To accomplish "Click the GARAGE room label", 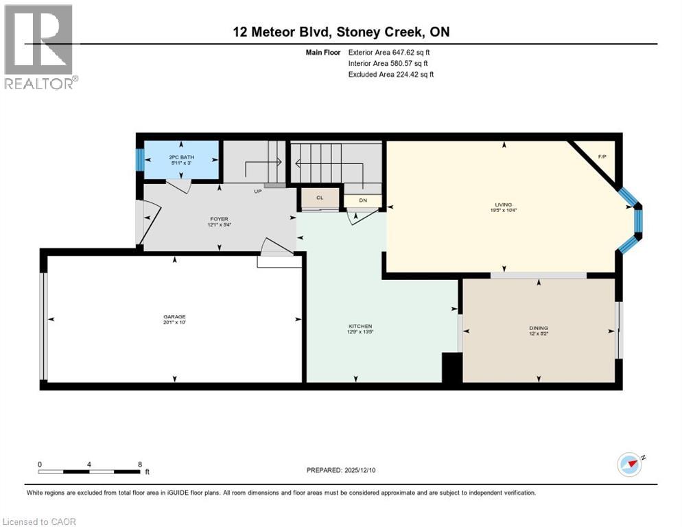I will pos(174,316).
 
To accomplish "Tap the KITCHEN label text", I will pos(355,326).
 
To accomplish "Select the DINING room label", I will pos(539,327).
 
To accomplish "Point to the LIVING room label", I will pos(504,204).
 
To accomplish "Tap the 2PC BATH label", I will pos(181,157).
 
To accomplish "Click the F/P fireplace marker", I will pos(602,157).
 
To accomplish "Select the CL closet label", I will pos(320,198).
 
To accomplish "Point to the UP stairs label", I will pos(258,191).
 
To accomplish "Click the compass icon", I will pos(630,465).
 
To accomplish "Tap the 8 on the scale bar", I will pos(140,464).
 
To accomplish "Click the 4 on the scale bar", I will pos(89,464).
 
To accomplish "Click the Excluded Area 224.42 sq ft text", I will pos(391,74).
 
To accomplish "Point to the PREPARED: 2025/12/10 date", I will pos(342,470).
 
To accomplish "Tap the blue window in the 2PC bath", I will pos(140,161).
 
